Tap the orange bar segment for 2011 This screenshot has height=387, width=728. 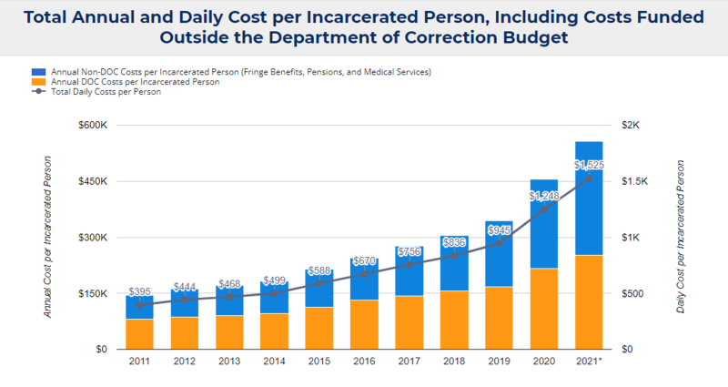(139, 334)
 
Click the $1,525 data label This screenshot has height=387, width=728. (589, 165)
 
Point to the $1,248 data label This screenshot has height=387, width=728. (544, 196)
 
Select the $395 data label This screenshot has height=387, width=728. (139, 291)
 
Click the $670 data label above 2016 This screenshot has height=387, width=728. (364, 260)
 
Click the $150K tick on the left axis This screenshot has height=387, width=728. (92, 294)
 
